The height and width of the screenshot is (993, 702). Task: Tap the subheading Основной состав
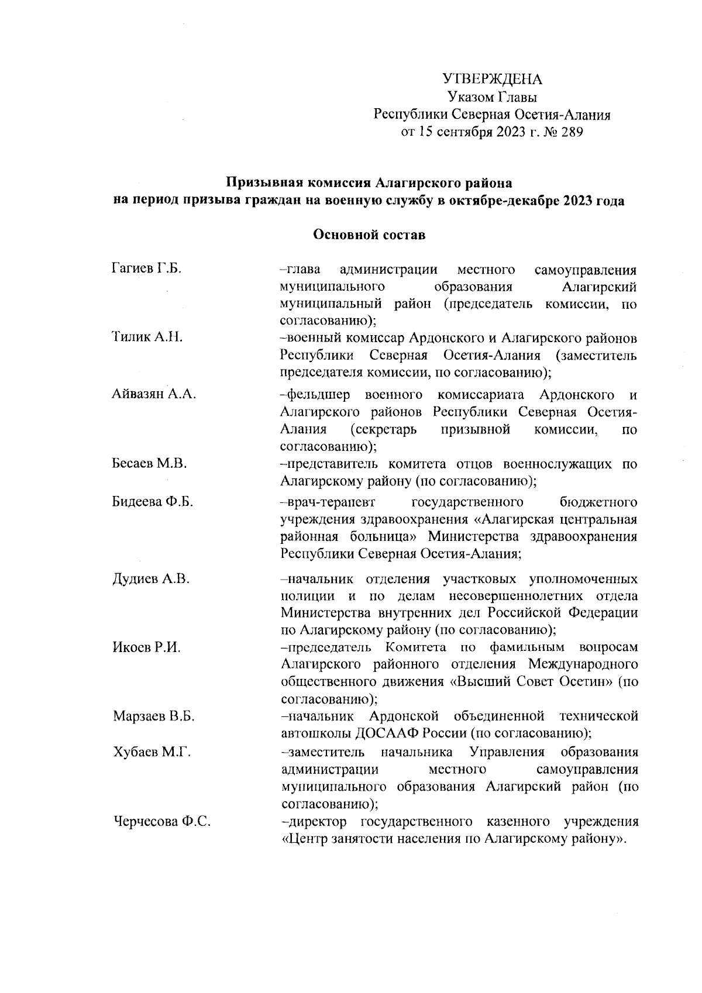coord(369,235)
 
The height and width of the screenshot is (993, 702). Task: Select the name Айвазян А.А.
coord(154,394)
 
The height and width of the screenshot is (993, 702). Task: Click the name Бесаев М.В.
coord(149,464)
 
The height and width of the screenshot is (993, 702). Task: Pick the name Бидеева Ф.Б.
coord(153,502)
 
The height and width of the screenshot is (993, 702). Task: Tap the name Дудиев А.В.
coord(151,580)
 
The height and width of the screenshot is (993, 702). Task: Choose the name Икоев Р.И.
coord(146,647)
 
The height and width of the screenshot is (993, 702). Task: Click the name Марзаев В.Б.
coord(153,716)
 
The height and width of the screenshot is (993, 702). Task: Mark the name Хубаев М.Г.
coord(152,752)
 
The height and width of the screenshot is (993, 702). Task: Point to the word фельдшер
coord(319,394)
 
